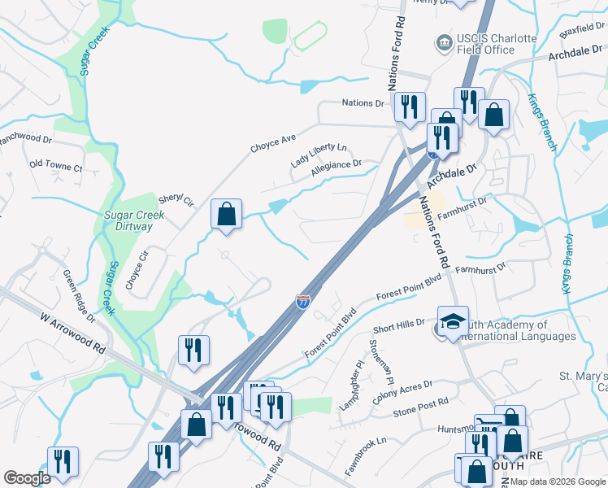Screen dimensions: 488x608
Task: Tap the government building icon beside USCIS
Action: tap(443, 41)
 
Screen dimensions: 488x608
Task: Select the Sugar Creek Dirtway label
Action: tap(134, 220)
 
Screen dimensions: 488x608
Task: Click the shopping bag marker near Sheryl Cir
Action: tap(227, 215)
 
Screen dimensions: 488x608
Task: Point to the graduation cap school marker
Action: tap(453, 322)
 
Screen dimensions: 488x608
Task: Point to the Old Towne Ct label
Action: tap(56, 165)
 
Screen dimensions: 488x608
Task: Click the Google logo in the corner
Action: tap(28, 478)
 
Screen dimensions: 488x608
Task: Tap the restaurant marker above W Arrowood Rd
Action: tap(193, 351)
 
